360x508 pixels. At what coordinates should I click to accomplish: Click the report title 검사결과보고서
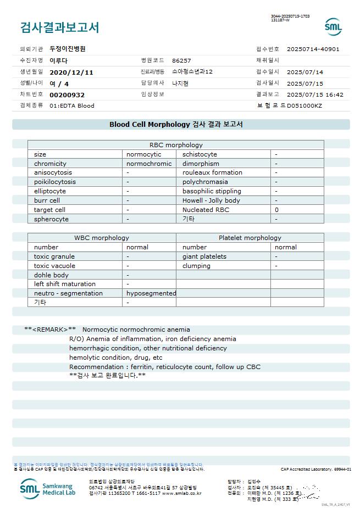pyautogui.click(x=59, y=27)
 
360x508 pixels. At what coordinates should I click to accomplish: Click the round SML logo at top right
pyautogui.click(x=333, y=27)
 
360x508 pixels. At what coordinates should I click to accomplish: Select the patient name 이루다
pyautogui.click(x=58, y=60)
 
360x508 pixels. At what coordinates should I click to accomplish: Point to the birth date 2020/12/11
pyautogui.click(x=71, y=72)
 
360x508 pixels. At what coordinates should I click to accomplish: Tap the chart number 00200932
pyautogui.click(x=67, y=95)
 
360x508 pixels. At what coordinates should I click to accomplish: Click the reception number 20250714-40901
pyautogui.click(x=313, y=49)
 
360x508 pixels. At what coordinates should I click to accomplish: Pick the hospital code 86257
pyautogui.click(x=181, y=60)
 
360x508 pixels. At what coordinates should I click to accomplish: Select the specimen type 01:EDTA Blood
pyautogui.click(x=72, y=105)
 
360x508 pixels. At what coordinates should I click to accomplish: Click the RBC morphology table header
pyautogui.click(x=176, y=145)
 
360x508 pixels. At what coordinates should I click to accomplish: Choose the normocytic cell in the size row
pyautogui.click(x=144, y=154)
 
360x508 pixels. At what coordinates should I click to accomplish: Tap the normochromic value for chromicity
pyautogui.click(x=149, y=164)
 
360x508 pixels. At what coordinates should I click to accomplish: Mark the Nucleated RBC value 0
pyautogui.click(x=277, y=210)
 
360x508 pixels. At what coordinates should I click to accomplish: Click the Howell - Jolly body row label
pyautogui.click(x=211, y=200)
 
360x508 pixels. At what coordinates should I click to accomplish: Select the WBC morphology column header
pyautogui.click(x=102, y=238)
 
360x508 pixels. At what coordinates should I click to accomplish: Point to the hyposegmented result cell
pyautogui.click(x=151, y=293)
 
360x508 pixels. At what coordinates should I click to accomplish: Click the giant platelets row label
pyautogui.click(x=204, y=256)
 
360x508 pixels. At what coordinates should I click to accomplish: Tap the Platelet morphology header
pyautogui.click(x=250, y=238)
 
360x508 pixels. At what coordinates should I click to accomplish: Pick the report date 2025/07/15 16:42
pyautogui.click(x=315, y=95)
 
